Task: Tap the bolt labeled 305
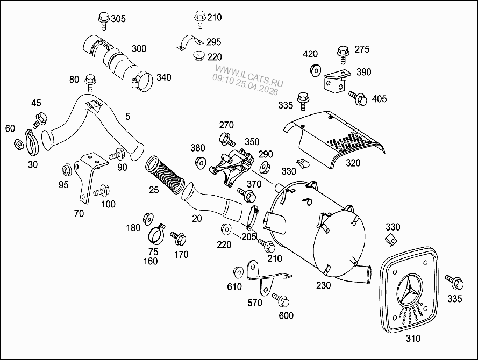pyautogui.click(x=103, y=21)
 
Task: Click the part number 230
pyautogui.click(x=324, y=286)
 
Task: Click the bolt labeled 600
pyautogui.click(x=280, y=299)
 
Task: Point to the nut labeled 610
pyautogui.click(x=238, y=272)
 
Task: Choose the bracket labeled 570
pyautogui.click(x=263, y=277)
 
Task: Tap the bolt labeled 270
pyautogui.click(x=226, y=139)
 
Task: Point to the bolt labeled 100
pyautogui.click(x=101, y=190)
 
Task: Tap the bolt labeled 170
pyautogui.click(x=177, y=236)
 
